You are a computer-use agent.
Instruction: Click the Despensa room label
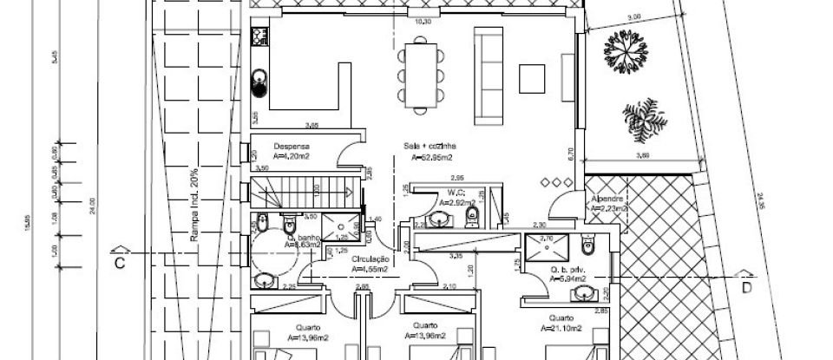coord(292,147)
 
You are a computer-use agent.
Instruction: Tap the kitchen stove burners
coord(259,36)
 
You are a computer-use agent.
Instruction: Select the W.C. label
coord(453,193)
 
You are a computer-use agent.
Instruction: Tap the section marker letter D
coord(744,285)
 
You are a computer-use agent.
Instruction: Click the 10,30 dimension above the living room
coord(423,21)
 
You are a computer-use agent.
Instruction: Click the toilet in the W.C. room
coord(472,214)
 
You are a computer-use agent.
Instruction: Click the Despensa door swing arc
coord(351,158)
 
